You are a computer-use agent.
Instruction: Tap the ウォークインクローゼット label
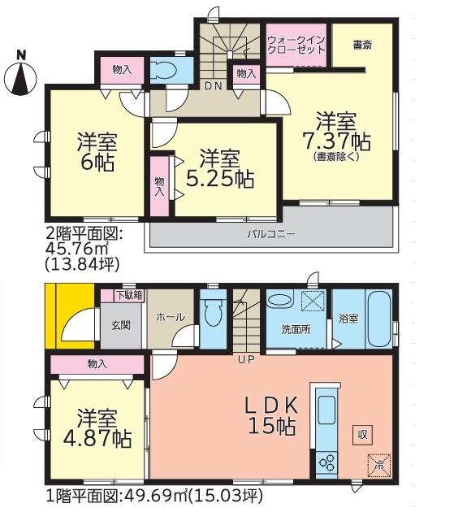tap(296, 46)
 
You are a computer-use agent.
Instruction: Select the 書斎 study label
tap(362, 45)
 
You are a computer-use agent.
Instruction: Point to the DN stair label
tap(214, 86)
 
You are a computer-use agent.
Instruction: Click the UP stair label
tap(246, 359)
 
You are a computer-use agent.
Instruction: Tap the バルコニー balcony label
tap(271, 234)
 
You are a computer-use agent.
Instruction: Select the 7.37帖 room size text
tap(337, 141)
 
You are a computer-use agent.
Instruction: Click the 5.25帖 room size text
tap(220, 179)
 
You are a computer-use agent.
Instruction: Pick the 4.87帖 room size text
tap(97, 439)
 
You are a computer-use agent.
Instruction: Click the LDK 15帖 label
tap(272, 415)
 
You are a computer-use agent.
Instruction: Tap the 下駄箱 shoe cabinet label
tap(130, 295)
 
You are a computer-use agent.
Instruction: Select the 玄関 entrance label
tap(121, 325)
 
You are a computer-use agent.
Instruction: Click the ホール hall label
tap(170, 317)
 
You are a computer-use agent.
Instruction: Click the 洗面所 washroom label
tap(296, 329)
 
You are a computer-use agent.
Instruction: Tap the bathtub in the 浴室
tap(379, 320)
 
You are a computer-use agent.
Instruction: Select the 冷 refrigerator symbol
tap(379, 465)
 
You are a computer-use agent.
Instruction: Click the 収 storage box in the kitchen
tap(362, 435)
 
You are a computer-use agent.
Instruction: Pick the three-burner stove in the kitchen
tap(327, 463)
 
